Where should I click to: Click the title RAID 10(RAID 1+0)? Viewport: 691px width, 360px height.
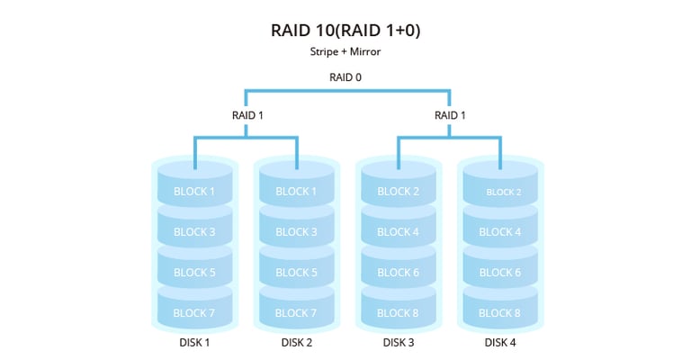click(345, 31)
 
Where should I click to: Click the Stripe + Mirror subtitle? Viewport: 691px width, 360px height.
click(345, 52)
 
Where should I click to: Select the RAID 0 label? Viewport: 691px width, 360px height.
click(345, 76)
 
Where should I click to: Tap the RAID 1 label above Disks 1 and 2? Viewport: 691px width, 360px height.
click(246, 115)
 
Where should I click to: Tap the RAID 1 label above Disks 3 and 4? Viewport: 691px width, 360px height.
click(450, 115)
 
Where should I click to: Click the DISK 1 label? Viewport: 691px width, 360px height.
click(194, 342)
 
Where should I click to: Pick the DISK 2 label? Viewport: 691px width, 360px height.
click(296, 342)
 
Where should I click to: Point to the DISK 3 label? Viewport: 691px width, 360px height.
click(399, 342)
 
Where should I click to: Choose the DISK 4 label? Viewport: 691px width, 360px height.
click(500, 342)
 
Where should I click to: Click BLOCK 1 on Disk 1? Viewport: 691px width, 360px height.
click(194, 191)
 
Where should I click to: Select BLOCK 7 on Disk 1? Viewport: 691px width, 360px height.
click(194, 312)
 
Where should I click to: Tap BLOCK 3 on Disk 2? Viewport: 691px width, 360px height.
click(296, 231)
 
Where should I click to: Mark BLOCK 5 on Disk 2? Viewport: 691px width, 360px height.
click(296, 272)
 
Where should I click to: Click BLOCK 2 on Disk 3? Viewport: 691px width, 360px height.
click(399, 191)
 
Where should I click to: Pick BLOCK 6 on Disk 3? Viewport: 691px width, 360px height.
click(399, 272)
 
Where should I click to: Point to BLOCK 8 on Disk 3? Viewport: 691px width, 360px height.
click(399, 312)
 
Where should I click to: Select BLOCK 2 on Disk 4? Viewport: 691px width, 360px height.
click(500, 192)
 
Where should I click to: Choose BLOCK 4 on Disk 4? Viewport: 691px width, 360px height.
click(500, 231)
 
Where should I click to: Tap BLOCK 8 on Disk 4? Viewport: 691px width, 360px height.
click(500, 312)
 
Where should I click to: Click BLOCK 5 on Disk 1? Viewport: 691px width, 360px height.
click(194, 272)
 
